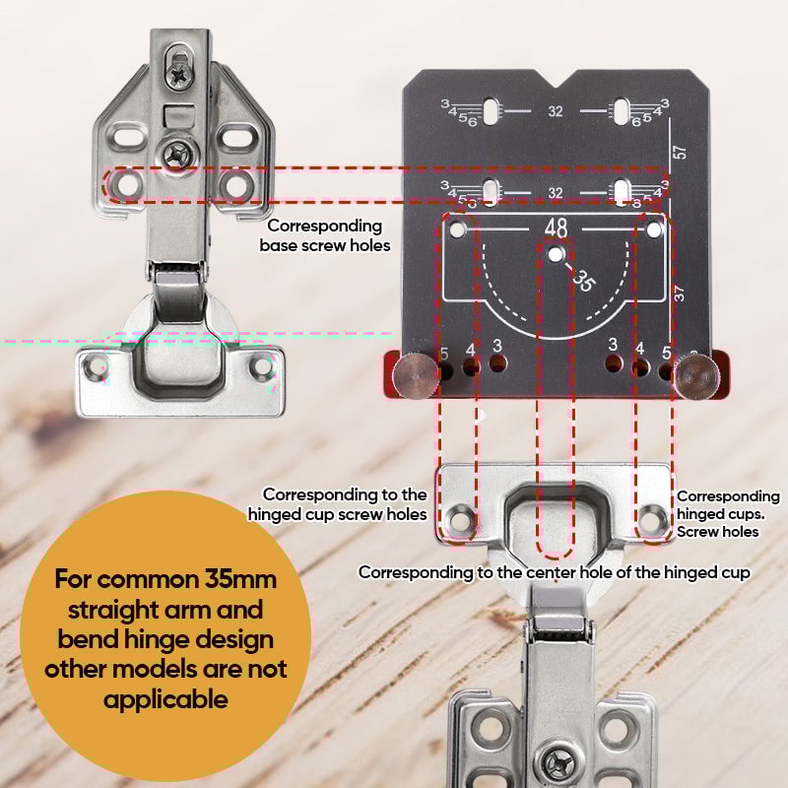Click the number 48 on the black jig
(556, 228)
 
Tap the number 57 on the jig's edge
(679, 153)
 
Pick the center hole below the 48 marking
(557, 254)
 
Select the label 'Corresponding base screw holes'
(325, 234)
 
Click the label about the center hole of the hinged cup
(555, 572)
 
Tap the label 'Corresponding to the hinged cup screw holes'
(337, 504)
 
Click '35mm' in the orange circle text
(243, 578)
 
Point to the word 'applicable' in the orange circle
(165, 700)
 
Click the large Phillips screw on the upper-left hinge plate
(180, 153)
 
